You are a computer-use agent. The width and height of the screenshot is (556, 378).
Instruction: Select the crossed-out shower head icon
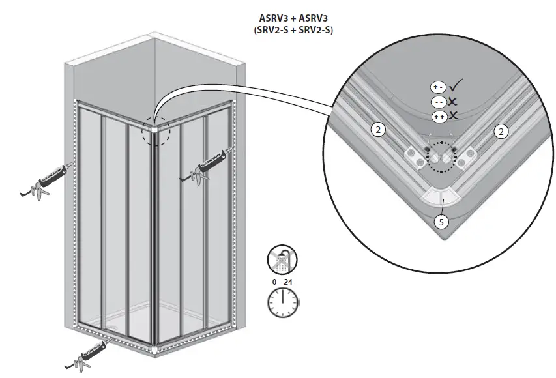point(282,261)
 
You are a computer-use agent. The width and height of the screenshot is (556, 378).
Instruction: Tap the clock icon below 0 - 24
point(282,301)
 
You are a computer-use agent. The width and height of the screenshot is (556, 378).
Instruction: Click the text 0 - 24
point(282,281)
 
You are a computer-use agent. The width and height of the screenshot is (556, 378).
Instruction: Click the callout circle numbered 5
point(441,222)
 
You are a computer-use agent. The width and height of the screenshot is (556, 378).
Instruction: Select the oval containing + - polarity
point(438,87)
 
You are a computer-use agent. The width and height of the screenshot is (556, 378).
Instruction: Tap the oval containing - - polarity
point(438,101)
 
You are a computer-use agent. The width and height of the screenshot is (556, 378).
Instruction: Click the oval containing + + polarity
point(438,115)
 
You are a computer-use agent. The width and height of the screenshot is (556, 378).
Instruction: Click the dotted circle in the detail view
point(441,156)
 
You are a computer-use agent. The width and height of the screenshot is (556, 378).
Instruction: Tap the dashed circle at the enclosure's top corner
point(155,129)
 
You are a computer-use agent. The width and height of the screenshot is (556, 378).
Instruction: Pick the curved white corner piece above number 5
point(440,195)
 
